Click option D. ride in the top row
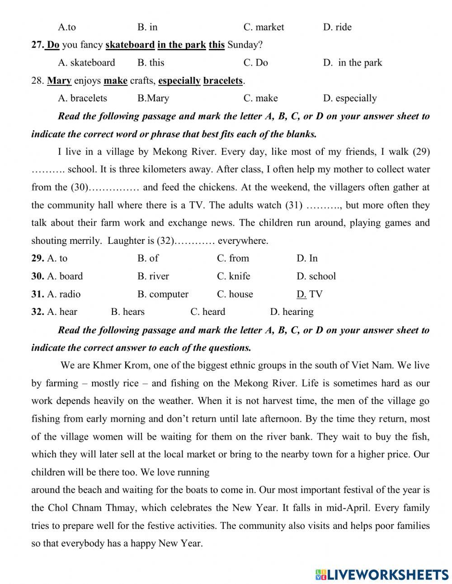[x=337, y=27]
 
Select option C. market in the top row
[x=264, y=27]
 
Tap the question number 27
[x=37, y=45]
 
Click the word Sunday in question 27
[x=245, y=45]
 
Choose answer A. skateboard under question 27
[x=86, y=62]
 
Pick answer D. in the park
[x=353, y=62]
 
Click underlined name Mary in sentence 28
[x=59, y=81]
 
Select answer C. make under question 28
[x=260, y=98]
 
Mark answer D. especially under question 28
[x=349, y=98]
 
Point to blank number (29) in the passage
[x=421, y=152]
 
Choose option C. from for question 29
[x=233, y=258]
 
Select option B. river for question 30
[x=153, y=276]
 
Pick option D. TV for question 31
[x=309, y=294]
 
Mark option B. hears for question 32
[x=127, y=312]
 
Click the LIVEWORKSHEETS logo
[x=381, y=575]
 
